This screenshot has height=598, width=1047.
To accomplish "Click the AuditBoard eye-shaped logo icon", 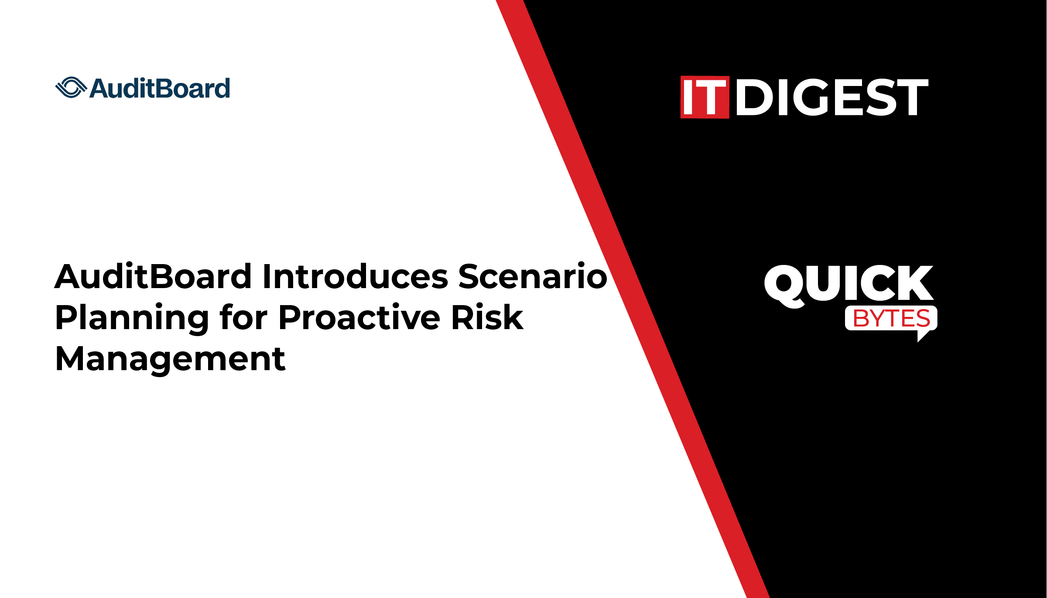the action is pos(71,88).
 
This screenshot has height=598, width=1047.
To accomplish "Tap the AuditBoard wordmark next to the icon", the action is pos(160,88).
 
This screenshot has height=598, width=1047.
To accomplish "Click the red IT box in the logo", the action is pos(705,97).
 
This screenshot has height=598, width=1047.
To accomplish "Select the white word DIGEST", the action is pos(832,97).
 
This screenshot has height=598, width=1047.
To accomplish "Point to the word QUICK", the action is pos(849,285).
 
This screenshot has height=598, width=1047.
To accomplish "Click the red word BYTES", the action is pos(891,318).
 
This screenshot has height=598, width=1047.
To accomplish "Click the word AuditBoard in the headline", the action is pos(153,276).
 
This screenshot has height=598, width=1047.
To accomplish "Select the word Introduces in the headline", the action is pos(356,276).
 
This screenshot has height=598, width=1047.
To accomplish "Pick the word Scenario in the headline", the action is pos(533,276).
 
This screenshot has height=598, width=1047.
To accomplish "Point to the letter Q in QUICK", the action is pos(785,286).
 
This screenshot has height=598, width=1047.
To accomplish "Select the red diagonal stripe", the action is pos(633,299).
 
